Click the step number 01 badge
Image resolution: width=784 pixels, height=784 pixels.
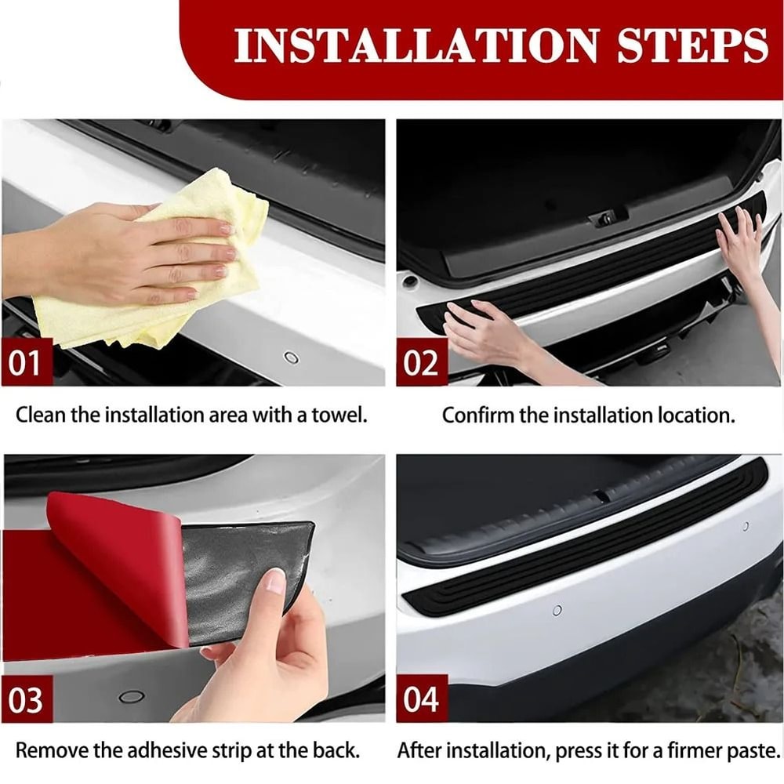(x=27, y=363)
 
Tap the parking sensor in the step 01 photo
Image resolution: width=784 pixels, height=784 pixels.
(x=291, y=358)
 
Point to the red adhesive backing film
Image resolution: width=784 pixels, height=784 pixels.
(x=118, y=564)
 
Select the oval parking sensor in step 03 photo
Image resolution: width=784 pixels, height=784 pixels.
(x=131, y=696)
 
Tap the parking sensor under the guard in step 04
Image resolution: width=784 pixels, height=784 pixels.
(x=557, y=610)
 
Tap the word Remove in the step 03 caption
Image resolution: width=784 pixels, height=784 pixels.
(x=49, y=750)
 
